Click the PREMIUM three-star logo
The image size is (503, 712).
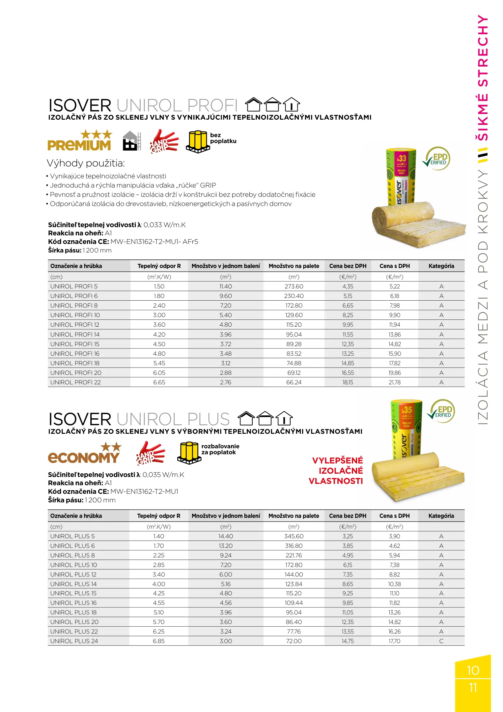pyautogui.click(x=79, y=140)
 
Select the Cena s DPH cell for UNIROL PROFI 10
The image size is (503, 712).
pyautogui.click(x=394, y=315)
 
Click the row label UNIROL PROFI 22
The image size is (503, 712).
pyautogui.click(x=75, y=382)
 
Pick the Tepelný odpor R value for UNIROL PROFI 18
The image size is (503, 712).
pyautogui.click(x=159, y=363)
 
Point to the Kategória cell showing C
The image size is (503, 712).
pyautogui.click(x=441, y=641)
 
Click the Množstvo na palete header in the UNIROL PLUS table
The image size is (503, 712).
pyautogui.click(x=293, y=516)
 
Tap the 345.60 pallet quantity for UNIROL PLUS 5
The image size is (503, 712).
pyautogui.click(x=293, y=536)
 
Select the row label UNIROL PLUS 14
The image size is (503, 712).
pyautogui.click(x=73, y=584)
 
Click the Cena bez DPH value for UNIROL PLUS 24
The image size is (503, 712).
pyautogui.click(x=348, y=641)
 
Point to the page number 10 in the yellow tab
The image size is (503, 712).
pyautogui.click(x=473, y=670)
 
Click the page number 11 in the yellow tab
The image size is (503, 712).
pyautogui.click(x=473, y=688)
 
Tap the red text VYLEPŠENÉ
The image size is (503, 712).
pyautogui.click(x=337, y=460)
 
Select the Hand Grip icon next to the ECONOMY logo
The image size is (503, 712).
pyautogui.click(x=150, y=454)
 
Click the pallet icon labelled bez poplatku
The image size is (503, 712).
pyautogui.click(x=198, y=142)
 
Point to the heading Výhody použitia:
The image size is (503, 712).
pyautogui.click(x=86, y=163)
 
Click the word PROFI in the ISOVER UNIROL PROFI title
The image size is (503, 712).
pyautogui.click(x=212, y=105)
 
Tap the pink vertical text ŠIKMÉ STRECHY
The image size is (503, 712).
pyautogui.click(x=483, y=78)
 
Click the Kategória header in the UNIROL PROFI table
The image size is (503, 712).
pyautogui.click(x=441, y=266)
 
